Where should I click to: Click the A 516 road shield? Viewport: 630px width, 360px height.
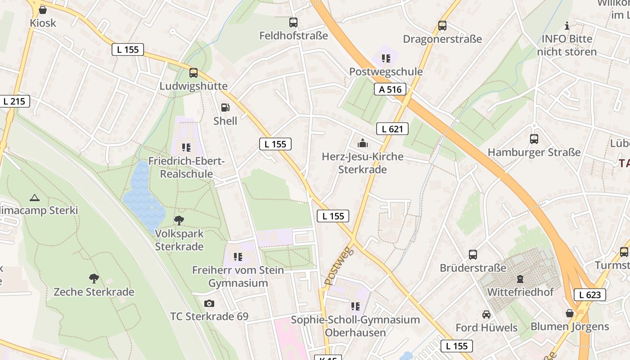(x=390, y=90)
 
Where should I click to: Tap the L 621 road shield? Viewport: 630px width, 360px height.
(x=392, y=129)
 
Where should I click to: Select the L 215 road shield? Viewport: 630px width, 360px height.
(x=14, y=101)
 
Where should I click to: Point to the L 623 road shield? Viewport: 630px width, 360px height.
(x=589, y=295)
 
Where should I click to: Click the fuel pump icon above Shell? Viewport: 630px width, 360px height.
(x=225, y=108)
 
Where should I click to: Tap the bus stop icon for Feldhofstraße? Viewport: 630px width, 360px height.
(x=293, y=22)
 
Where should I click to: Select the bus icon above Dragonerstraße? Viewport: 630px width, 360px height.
(x=442, y=26)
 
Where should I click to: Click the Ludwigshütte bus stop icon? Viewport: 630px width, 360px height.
(x=193, y=72)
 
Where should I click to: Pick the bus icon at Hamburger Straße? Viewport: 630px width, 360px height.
(x=534, y=139)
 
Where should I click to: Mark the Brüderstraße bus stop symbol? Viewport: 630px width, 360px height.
(x=473, y=255)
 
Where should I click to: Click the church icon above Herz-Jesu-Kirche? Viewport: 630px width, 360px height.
(x=363, y=144)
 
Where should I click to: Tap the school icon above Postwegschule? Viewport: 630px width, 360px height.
(x=386, y=58)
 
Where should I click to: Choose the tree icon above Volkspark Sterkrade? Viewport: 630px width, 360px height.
(x=179, y=220)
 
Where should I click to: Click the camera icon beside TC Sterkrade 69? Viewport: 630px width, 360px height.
(x=209, y=304)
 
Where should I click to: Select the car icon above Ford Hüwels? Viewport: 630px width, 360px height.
(x=486, y=314)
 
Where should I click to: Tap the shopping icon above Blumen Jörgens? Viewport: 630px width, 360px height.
(x=570, y=313)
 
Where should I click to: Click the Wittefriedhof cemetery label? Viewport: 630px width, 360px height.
(x=520, y=292)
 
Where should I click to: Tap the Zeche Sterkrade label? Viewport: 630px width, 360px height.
(x=94, y=292)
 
